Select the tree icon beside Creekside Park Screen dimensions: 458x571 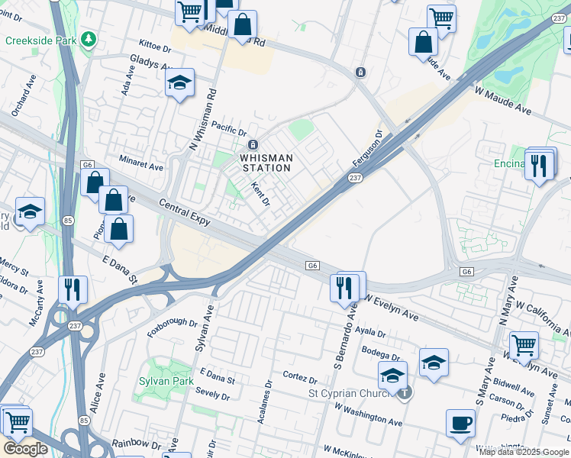click(90, 38)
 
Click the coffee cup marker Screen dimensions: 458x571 click(460, 424)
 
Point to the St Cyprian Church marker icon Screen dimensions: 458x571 click(405, 393)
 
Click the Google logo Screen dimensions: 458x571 click(25, 449)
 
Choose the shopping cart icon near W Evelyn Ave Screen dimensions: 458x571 click(524, 346)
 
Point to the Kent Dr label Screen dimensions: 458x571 click(261, 194)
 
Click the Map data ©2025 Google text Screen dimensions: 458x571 click(523, 452)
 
